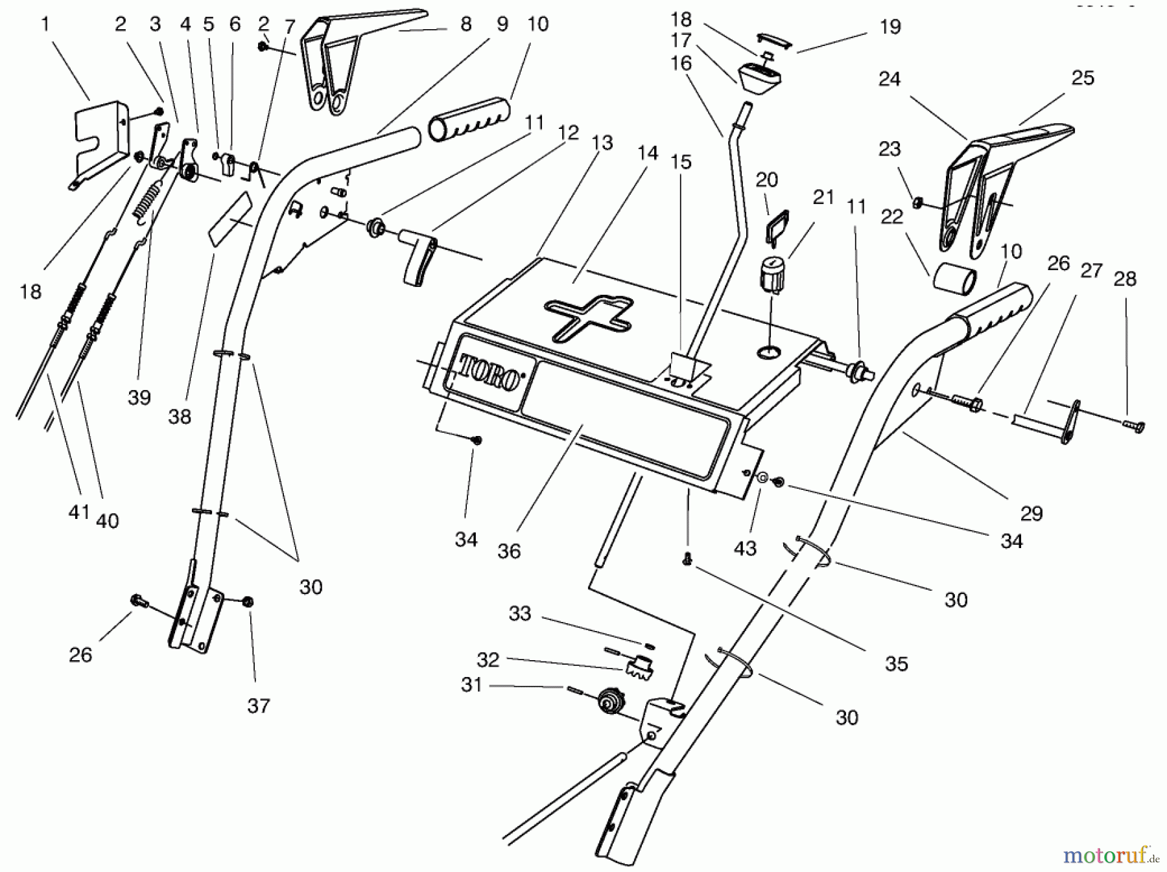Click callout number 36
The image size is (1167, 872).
click(509, 551)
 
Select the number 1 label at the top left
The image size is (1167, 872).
click(45, 25)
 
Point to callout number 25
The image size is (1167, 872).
click(1083, 78)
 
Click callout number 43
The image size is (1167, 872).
click(745, 548)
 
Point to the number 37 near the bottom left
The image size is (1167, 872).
click(258, 706)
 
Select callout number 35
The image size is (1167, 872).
click(896, 663)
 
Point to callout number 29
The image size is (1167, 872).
click(1031, 513)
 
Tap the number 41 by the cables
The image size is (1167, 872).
click(79, 512)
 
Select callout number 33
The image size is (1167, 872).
click(519, 613)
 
